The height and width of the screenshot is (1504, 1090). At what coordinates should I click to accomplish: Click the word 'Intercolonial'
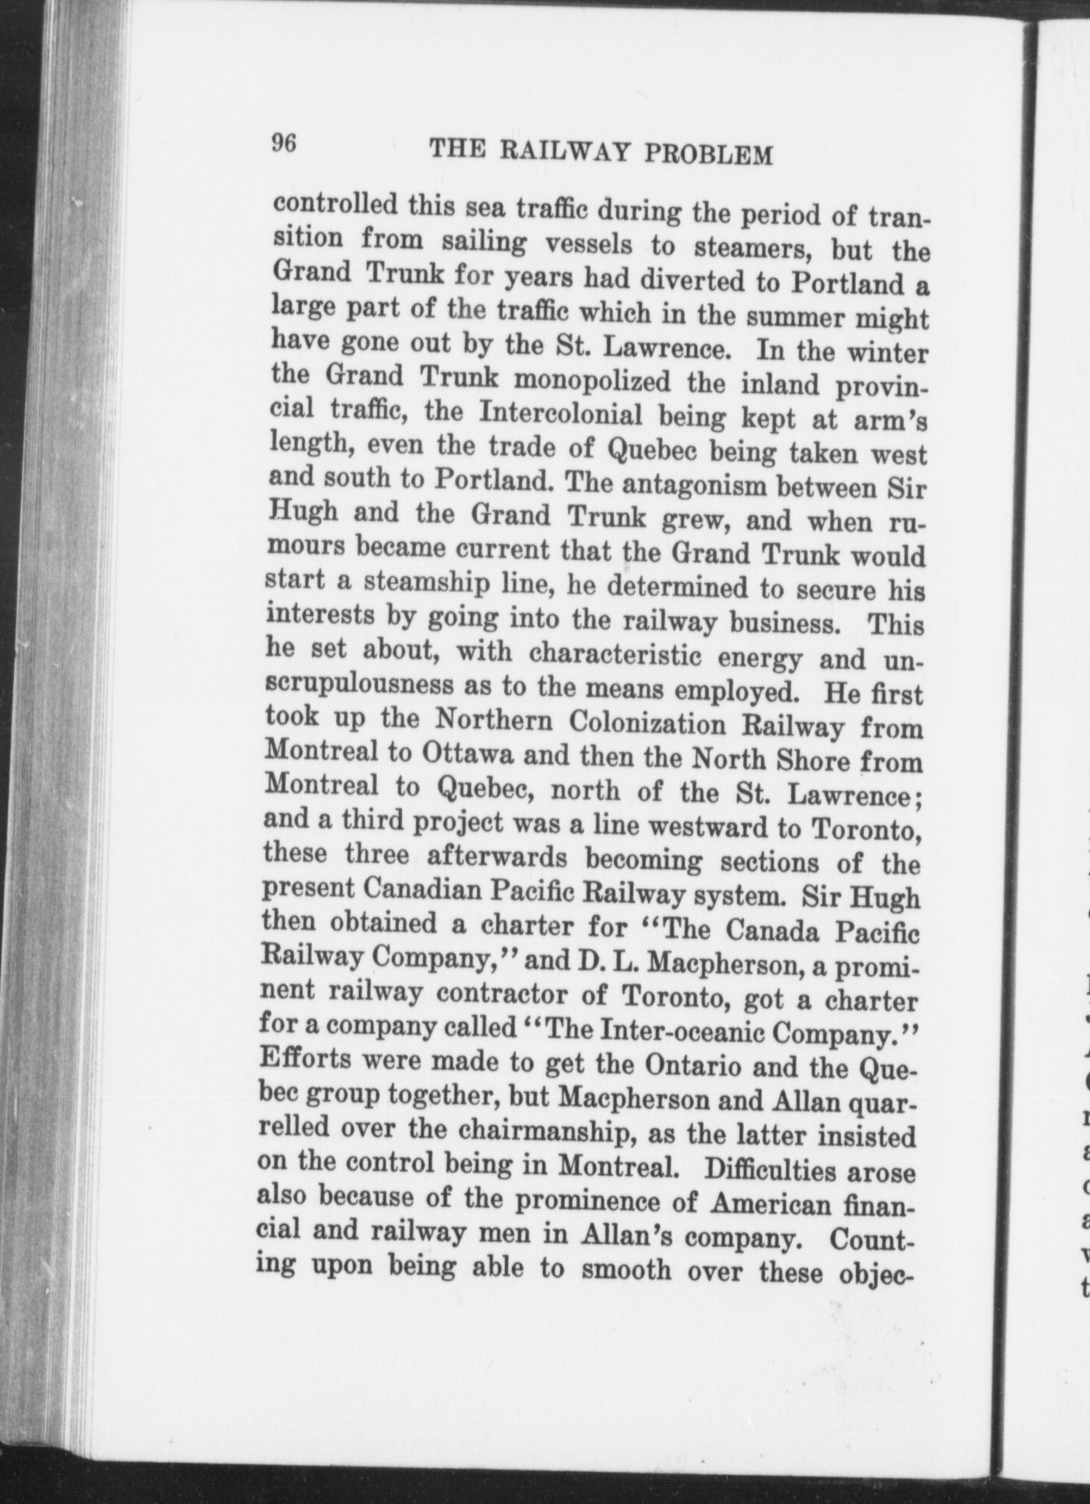(x=561, y=412)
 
